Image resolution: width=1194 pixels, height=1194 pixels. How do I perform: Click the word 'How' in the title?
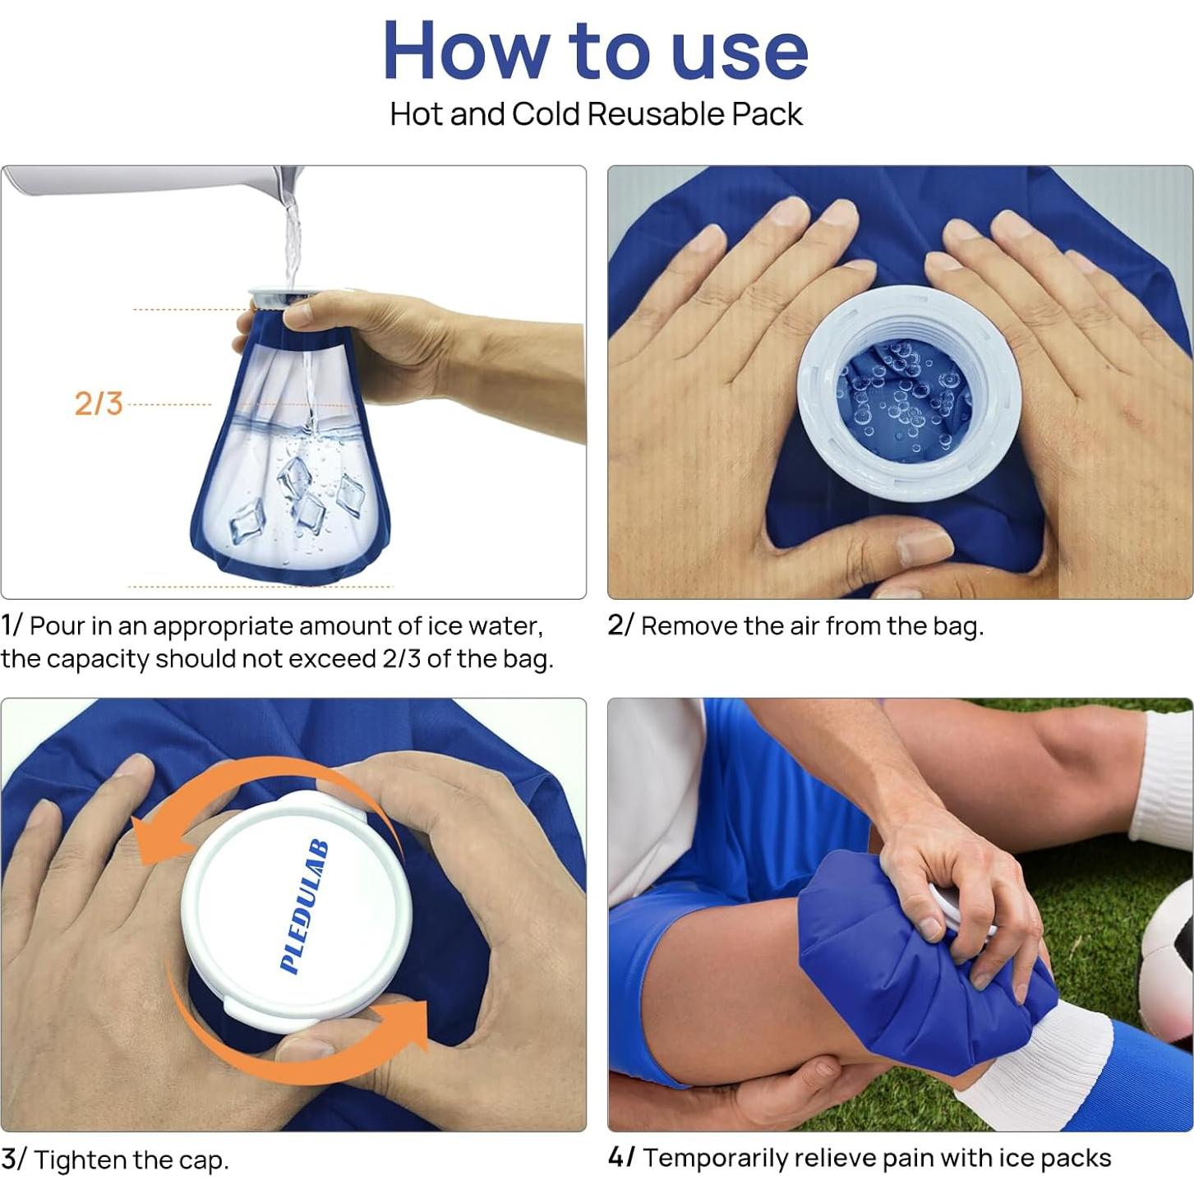[463, 52]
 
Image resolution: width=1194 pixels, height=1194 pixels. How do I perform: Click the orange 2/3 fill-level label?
[99, 404]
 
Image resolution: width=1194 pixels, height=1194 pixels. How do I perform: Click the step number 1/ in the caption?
[12, 626]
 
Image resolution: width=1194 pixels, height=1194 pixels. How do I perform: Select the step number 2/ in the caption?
[621, 626]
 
